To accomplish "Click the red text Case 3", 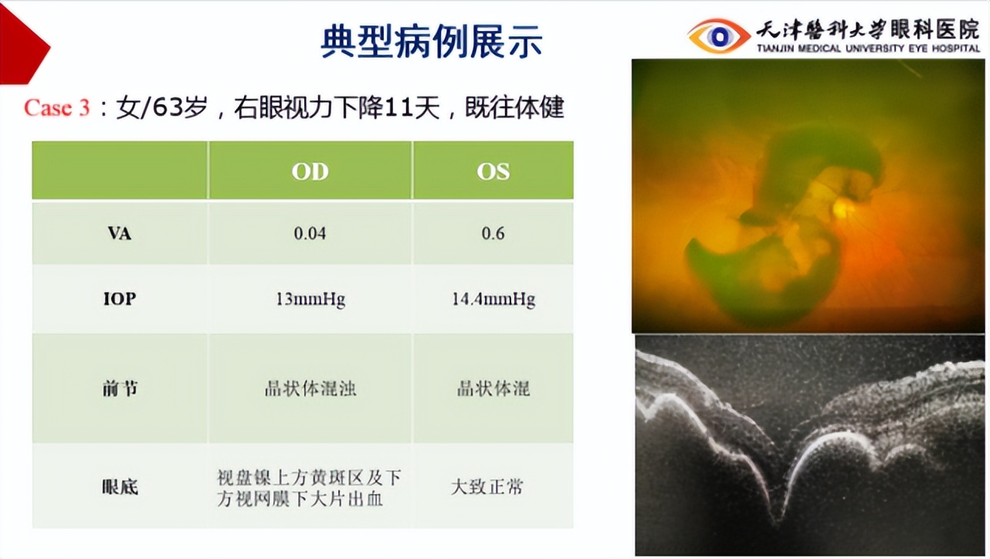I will pyautogui.click(x=56, y=107).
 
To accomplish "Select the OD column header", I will pyautogui.click(x=310, y=171).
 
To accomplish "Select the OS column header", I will pyautogui.click(x=493, y=171).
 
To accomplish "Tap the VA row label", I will pyautogui.click(x=119, y=233).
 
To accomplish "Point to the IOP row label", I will pyautogui.click(x=119, y=298).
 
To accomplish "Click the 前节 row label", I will pyautogui.click(x=119, y=388).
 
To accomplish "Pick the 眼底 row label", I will pyautogui.click(x=119, y=486).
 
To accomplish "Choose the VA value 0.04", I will pyautogui.click(x=310, y=233).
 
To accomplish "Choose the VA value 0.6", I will pyautogui.click(x=493, y=233).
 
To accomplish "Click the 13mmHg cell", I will pyautogui.click(x=310, y=299).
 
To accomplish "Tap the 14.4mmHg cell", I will pyautogui.click(x=493, y=299).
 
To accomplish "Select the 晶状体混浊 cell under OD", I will pyautogui.click(x=310, y=388).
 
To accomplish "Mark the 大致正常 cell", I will pyautogui.click(x=487, y=486).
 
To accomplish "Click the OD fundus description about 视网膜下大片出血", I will pyautogui.click(x=309, y=488).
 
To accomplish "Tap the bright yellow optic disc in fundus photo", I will pyautogui.click(x=844, y=208).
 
